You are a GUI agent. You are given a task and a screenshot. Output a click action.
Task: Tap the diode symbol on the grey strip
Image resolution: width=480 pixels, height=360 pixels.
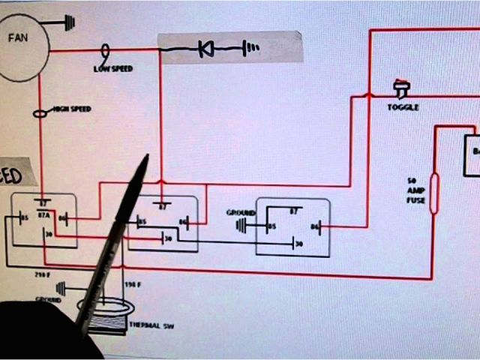(205, 49)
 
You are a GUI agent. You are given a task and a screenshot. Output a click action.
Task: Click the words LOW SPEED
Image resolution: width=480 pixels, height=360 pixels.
(112, 68)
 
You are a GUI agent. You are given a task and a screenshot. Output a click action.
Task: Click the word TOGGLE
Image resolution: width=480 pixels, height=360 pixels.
(403, 107)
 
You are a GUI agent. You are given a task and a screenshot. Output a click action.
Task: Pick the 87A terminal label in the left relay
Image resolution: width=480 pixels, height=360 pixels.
(43, 213)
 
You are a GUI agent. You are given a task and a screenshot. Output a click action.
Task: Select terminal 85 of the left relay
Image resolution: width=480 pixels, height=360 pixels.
(24, 219)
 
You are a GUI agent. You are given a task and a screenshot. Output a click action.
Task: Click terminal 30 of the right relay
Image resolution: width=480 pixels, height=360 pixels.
(298, 244)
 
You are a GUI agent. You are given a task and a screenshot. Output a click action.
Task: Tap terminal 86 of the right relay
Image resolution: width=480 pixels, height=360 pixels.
(315, 225)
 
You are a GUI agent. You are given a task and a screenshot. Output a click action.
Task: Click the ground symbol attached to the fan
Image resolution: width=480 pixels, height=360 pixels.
(68, 22)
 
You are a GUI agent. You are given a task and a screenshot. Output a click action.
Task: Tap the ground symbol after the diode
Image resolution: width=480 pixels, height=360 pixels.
(252, 49)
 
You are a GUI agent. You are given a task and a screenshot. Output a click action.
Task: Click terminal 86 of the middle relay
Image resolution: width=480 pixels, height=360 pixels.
(182, 221)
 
